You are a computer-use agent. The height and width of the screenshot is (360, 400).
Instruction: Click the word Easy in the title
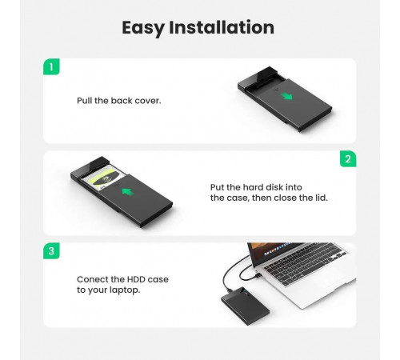point(143,28)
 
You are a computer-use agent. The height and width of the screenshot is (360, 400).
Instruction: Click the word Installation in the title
point(222,27)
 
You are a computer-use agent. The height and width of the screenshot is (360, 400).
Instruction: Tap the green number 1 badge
point(51,66)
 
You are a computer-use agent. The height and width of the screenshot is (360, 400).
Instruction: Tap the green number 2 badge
point(348,159)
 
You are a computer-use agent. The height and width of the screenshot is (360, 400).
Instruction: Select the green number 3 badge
point(51,251)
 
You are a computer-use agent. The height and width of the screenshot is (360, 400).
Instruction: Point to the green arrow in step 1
point(287,96)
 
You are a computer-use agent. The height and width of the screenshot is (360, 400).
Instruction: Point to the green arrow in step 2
point(127,191)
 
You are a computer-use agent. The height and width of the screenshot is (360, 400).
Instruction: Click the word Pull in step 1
point(84,101)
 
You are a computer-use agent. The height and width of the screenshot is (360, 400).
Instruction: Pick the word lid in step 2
point(322,198)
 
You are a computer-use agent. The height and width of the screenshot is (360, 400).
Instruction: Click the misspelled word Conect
point(92,279)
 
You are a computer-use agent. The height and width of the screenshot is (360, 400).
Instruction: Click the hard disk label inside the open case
point(104,177)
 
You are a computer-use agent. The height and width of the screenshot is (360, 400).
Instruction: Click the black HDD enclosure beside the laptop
point(245,306)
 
